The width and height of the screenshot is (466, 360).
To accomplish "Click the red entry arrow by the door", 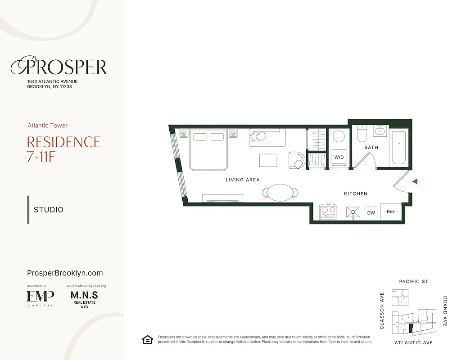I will coord(416,181).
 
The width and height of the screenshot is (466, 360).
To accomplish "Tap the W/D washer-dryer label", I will coord(339,157).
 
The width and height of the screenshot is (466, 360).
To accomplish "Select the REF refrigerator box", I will coord(390,211).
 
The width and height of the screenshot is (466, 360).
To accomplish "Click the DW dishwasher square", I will coord(371,212).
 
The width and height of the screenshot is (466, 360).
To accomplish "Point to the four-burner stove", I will coord(328,212).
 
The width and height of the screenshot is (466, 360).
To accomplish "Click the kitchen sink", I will coord(353,212).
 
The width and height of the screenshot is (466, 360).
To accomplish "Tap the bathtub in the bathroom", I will coord(399,148).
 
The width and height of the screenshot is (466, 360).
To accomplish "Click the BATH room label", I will coord(371,147).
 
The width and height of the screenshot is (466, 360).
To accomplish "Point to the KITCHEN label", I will coord(356,193).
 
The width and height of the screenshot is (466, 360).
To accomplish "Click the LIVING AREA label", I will coord(243,180).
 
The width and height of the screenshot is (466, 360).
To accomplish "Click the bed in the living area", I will coord(208,150).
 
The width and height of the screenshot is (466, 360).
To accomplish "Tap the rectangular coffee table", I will coord(268,160).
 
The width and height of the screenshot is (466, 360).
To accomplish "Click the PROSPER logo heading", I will coord(59,67).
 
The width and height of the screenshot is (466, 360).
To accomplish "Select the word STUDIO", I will coord(49,210).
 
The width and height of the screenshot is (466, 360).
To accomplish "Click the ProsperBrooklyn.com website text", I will coord(65,273).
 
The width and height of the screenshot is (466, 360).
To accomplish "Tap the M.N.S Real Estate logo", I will coord(84,298).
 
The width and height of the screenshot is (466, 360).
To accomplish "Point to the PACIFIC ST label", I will coord(413,282).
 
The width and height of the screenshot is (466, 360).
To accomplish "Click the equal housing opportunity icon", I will coord(147,340).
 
